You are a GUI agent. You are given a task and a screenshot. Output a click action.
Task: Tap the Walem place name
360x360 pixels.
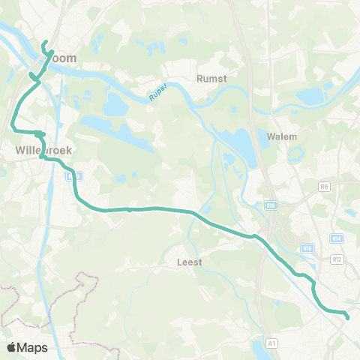click(282, 137)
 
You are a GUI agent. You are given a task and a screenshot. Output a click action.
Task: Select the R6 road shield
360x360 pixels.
click(324, 186)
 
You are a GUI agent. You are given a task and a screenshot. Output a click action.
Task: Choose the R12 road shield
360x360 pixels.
click(337, 259)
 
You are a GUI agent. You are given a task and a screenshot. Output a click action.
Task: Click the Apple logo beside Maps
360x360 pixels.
click(12, 347)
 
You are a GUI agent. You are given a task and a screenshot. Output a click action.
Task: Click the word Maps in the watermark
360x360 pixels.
click(32, 347)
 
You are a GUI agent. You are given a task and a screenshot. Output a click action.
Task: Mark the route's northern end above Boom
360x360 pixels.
click(45, 42)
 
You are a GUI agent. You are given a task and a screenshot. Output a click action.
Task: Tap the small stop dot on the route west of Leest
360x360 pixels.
click(130, 210)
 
